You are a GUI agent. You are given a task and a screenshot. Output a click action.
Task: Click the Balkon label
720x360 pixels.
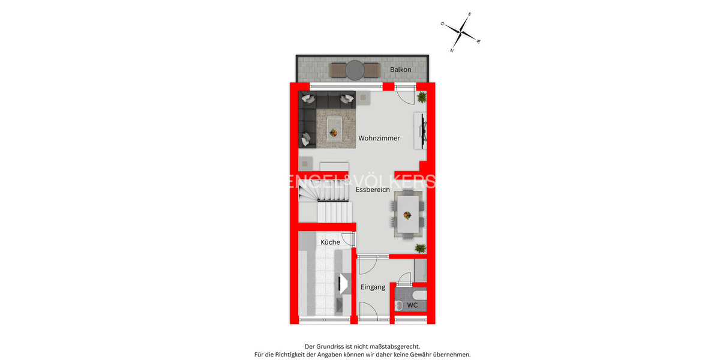click(400, 70)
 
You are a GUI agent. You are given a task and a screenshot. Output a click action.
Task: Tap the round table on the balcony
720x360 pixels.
click(355, 70)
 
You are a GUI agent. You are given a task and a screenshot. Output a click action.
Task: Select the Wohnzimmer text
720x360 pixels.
click(379, 139)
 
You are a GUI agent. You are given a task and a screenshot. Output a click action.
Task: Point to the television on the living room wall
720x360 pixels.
click(424, 131)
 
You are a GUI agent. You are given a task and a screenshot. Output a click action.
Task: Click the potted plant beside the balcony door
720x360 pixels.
click(422, 97)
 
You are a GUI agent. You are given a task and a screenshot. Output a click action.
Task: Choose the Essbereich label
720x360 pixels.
click(373, 190)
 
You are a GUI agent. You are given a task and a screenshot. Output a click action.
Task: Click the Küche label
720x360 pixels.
click(330, 242)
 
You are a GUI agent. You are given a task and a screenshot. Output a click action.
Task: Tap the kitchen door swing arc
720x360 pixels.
click(347, 239)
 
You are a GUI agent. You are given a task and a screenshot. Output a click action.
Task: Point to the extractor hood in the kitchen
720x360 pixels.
click(344, 283)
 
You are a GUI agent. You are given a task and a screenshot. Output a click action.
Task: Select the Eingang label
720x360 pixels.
click(373, 287)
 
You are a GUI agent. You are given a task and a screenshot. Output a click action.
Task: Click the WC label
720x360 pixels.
click(412, 305)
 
